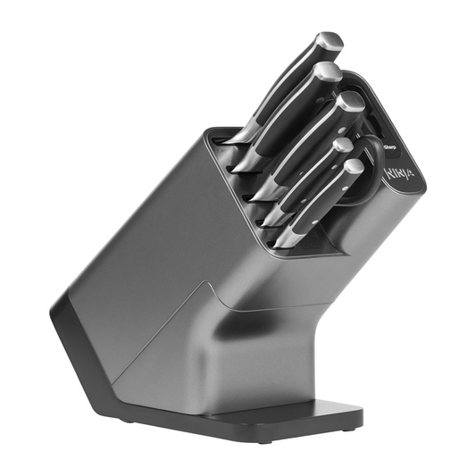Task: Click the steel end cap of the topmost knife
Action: pos(329,41)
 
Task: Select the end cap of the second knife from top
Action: pos(328,71)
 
